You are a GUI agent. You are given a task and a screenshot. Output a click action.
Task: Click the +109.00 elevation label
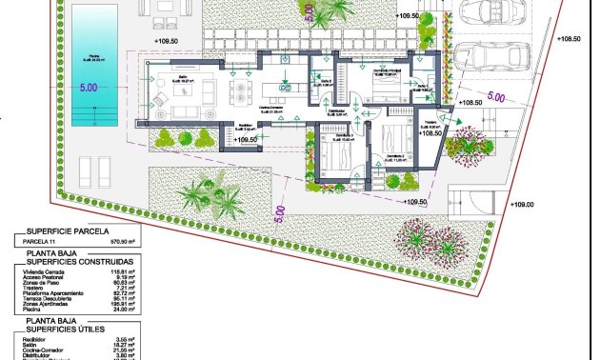coord(523,204)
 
